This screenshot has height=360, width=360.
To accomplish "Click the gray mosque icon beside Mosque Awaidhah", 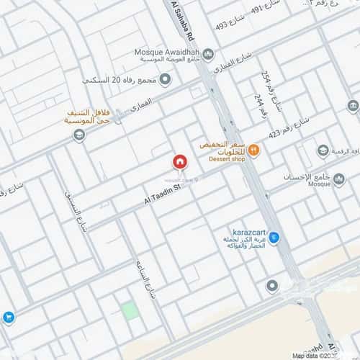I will tap(208, 55).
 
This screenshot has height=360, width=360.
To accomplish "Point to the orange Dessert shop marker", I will tap(253, 150).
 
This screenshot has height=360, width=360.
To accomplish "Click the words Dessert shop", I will tap(227, 159).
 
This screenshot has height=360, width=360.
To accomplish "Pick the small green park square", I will tap(130, 311).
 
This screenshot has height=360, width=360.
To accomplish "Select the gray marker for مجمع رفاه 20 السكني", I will tap(165, 79).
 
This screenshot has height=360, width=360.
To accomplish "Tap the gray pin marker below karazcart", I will tap(271, 287).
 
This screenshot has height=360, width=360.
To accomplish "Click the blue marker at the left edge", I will tap(8, 316).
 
